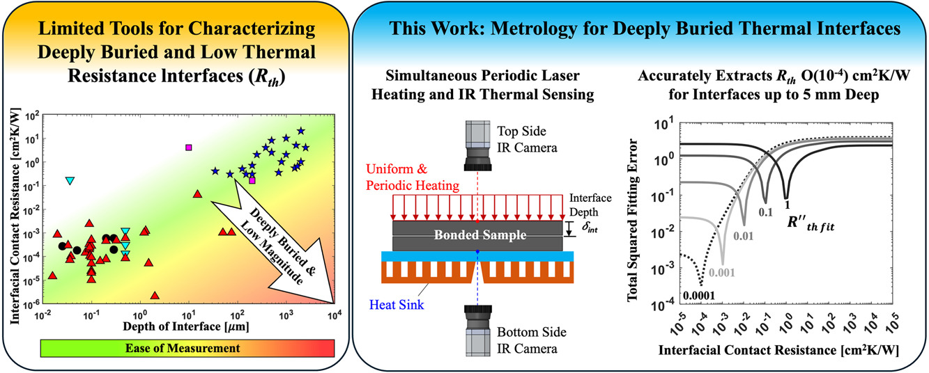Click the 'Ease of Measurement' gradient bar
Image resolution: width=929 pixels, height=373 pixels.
[x=188, y=347]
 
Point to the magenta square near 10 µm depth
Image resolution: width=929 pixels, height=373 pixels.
[x=188, y=148]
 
